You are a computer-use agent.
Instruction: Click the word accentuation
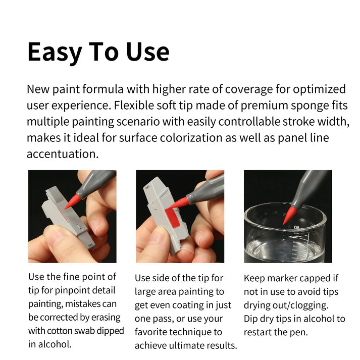pos(62,154)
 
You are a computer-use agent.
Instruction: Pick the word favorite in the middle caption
pos(152,332)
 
